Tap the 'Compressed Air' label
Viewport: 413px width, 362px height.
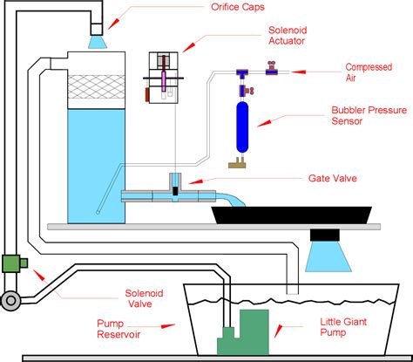click(x=368, y=72)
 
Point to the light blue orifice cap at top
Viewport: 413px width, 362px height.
click(x=98, y=40)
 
